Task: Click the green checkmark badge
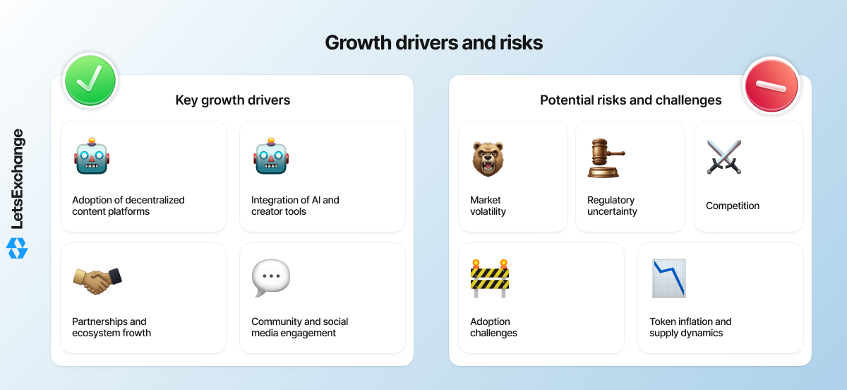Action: coord(90,81)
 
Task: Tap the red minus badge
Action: coord(771,85)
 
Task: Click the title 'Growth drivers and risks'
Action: coord(433,42)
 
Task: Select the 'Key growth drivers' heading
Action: coord(232,100)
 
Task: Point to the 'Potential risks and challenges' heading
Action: coord(630,100)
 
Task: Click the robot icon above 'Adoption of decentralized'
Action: coord(92,156)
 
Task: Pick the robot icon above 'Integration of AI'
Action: coord(271,156)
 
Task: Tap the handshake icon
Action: coord(97,280)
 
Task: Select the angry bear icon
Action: coord(488,159)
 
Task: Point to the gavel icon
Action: coord(606,158)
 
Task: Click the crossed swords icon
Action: coord(724,157)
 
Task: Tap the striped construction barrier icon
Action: coord(490,278)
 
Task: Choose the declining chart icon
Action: coord(669,278)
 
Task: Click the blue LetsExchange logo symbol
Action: coord(17,249)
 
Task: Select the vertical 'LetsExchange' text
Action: coord(18,179)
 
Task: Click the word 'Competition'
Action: coord(733,206)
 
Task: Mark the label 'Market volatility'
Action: coord(488,206)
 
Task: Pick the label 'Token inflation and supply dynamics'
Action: coord(690,327)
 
